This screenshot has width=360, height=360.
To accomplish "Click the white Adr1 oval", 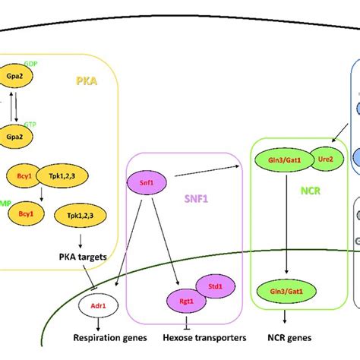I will [97, 308].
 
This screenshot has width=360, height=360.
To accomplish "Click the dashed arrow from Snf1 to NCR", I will [205, 170].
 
